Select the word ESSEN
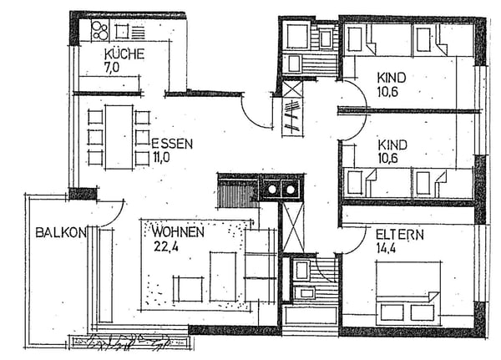172,143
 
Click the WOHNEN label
177,231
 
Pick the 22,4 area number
165,245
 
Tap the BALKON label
60,233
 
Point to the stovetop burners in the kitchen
100,31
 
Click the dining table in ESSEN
119,136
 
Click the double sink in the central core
281,189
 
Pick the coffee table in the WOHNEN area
223,276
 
